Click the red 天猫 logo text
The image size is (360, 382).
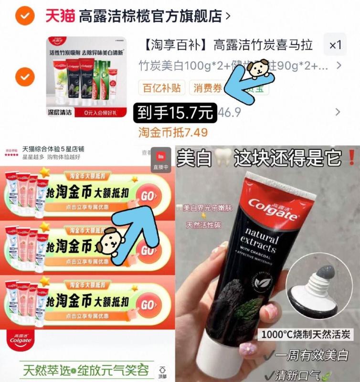coord(60,16)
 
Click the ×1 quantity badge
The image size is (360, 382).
coord(336,45)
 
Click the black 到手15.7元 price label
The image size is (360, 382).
coord(175,113)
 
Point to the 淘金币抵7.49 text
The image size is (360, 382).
coord(173,132)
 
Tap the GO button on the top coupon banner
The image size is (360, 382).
coord(148,196)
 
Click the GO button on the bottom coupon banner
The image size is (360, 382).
coord(148,305)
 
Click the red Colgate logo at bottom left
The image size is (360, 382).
coord(20,340)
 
